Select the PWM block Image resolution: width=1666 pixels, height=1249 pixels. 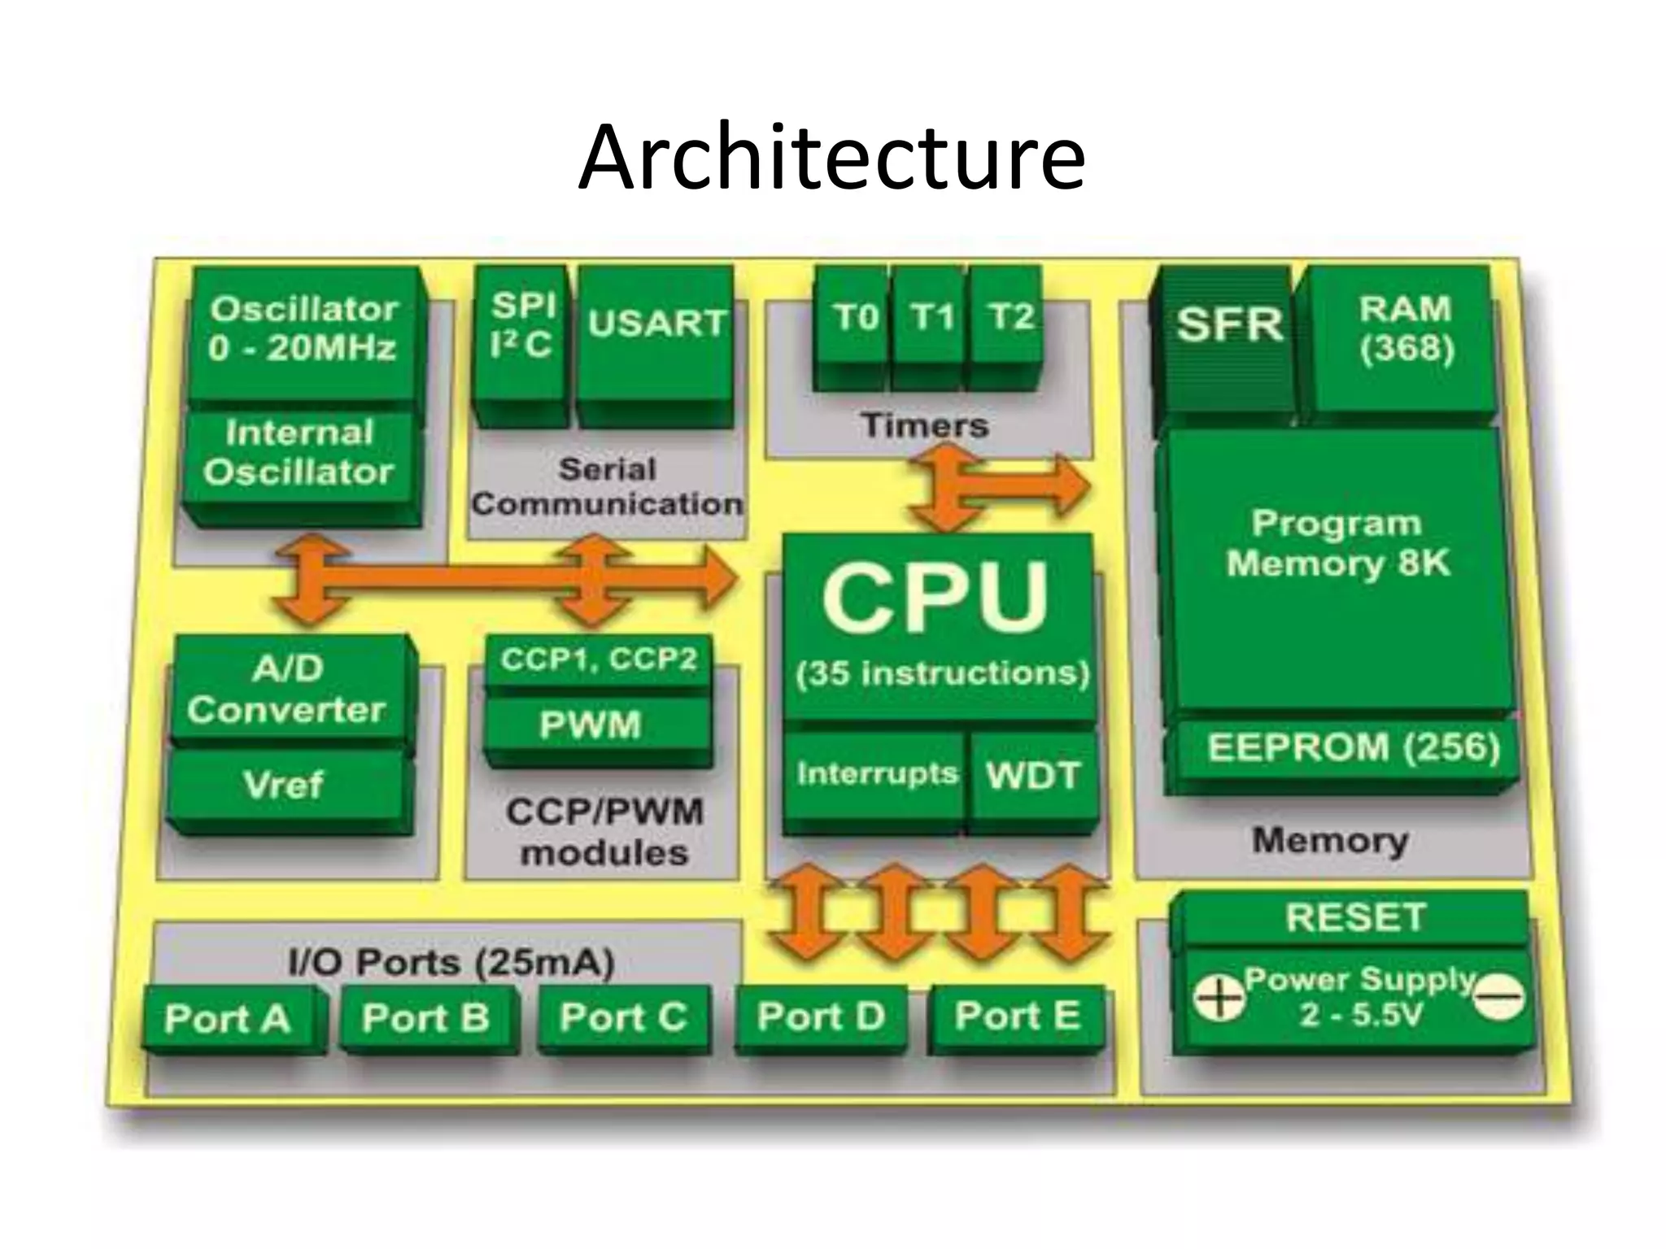(x=591, y=725)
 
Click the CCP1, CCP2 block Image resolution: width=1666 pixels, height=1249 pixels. (x=598, y=659)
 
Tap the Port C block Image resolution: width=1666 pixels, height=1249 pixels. (x=623, y=1018)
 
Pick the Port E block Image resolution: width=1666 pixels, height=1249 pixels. (x=1018, y=1016)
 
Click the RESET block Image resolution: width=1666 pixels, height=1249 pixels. (x=1354, y=918)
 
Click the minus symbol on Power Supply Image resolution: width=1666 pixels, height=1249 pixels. (x=1498, y=998)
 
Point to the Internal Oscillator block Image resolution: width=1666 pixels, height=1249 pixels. (x=299, y=453)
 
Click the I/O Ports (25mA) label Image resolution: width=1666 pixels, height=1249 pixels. (x=451, y=964)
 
